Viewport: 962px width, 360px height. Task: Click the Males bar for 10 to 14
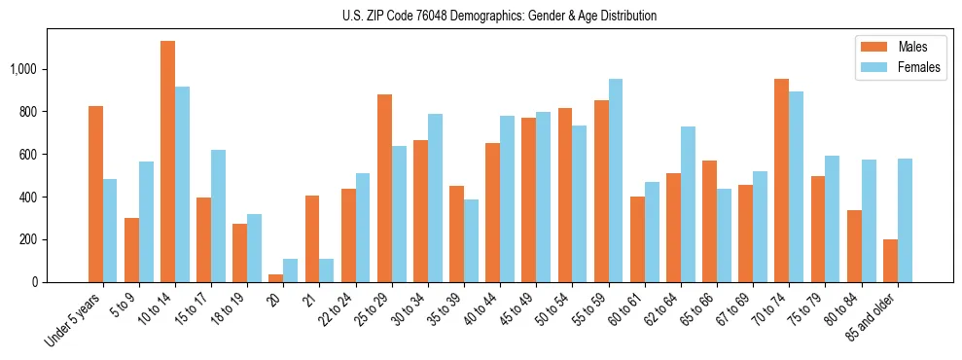167,162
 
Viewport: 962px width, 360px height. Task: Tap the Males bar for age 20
276,278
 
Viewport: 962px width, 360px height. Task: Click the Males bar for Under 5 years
95,195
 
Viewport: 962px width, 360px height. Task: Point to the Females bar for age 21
326,270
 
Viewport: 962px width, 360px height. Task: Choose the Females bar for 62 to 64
688,204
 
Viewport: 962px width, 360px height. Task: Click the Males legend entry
899,47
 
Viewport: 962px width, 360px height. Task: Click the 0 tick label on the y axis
36,282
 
